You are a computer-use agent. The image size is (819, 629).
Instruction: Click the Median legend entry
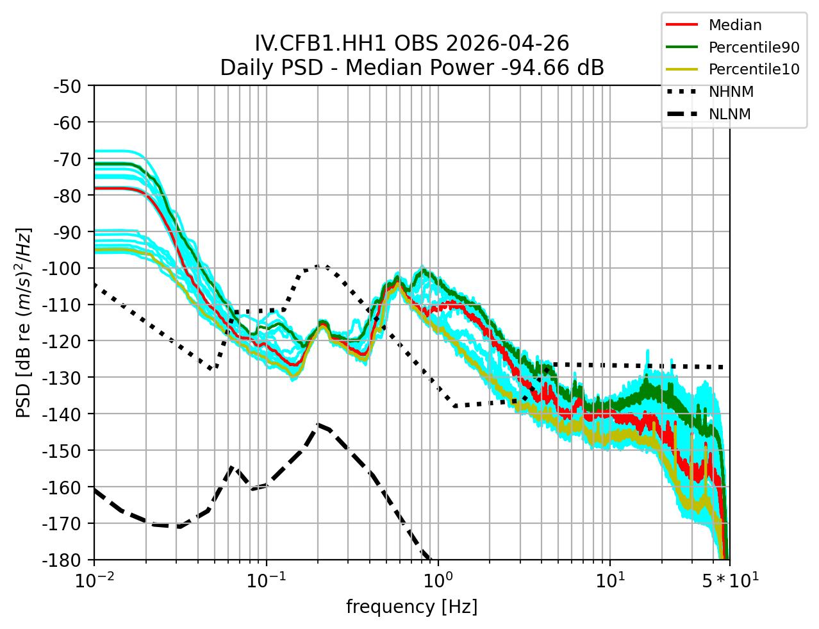(734, 26)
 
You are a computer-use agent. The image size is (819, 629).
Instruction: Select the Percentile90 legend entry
(753, 47)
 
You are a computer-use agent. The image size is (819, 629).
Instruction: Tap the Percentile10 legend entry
(753, 70)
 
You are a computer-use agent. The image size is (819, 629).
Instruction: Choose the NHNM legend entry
(731, 92)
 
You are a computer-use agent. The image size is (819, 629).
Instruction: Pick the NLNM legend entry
(729, 115)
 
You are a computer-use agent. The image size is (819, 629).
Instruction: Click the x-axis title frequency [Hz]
(411, 607)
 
